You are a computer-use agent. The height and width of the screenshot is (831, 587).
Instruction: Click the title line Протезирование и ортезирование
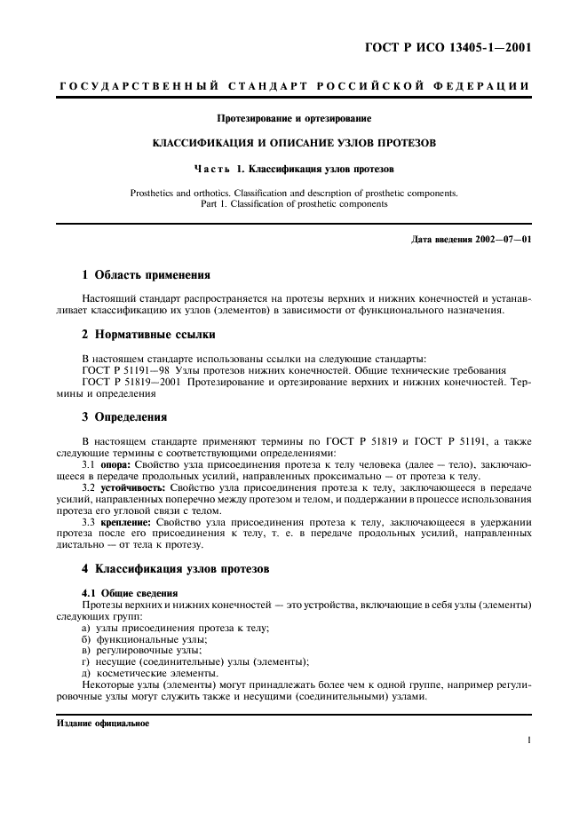(x=293, y=118)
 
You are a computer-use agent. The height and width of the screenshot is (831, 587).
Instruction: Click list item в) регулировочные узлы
(x=141, y=650)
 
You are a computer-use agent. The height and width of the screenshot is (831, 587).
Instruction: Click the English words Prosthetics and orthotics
(x=185, y=192)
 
